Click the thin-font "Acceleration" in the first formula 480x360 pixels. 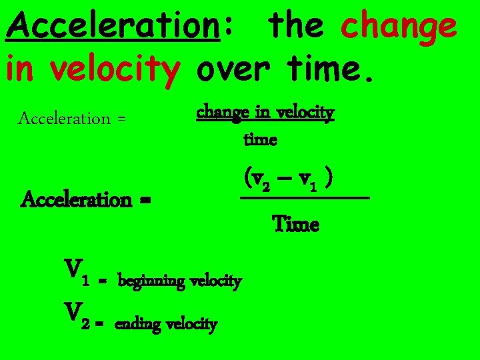point(64,119)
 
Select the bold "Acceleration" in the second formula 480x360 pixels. point(77,199)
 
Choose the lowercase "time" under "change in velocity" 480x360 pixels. point(261,140)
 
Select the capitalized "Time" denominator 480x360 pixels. point(296,225)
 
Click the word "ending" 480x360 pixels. point(139,325)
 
